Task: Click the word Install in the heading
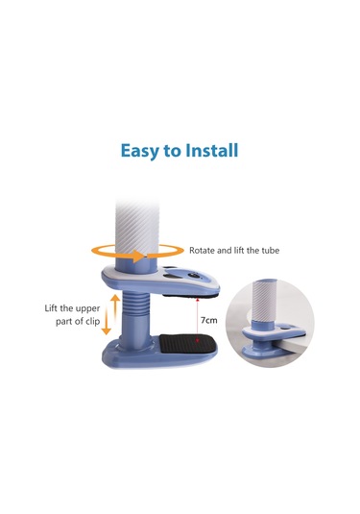tap(211, 151)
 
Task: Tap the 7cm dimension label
tap(209, 320)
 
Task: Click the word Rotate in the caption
tap(202, 251)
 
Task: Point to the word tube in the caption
tap(271, 251)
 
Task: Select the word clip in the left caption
tap(92, 321)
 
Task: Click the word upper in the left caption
tap(87, 308)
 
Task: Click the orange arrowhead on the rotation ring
tap(138, 256)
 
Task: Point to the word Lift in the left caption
tap(52, 308)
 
